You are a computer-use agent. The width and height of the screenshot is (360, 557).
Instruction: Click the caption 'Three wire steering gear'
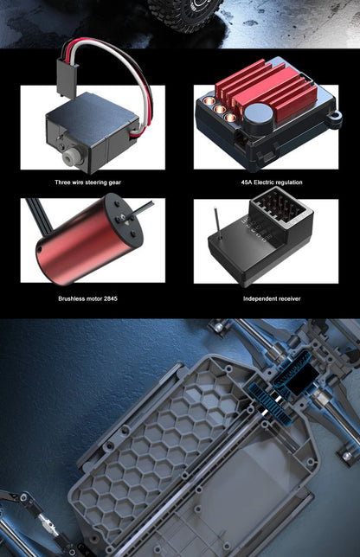[x=87, y=182]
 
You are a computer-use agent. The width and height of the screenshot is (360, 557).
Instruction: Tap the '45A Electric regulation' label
[x=272, y=182]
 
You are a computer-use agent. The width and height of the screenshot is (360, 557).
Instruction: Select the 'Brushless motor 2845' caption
[x=87, y=298]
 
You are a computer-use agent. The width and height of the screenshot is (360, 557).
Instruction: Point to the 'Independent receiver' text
[x=272, y=298]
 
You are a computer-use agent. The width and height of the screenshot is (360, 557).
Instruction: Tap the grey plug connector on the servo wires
[x=67, y=79]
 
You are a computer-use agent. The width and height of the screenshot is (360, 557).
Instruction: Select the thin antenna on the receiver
[x=218, y=223]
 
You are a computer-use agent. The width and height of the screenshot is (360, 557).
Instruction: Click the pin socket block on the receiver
[x=280, y=205]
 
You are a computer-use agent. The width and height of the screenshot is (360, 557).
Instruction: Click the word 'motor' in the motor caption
[x=94, y=298]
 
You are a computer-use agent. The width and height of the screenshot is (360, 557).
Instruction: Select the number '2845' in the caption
[x=111, y=298]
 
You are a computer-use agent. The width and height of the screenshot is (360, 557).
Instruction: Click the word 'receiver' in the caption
[x=286, y=298]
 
